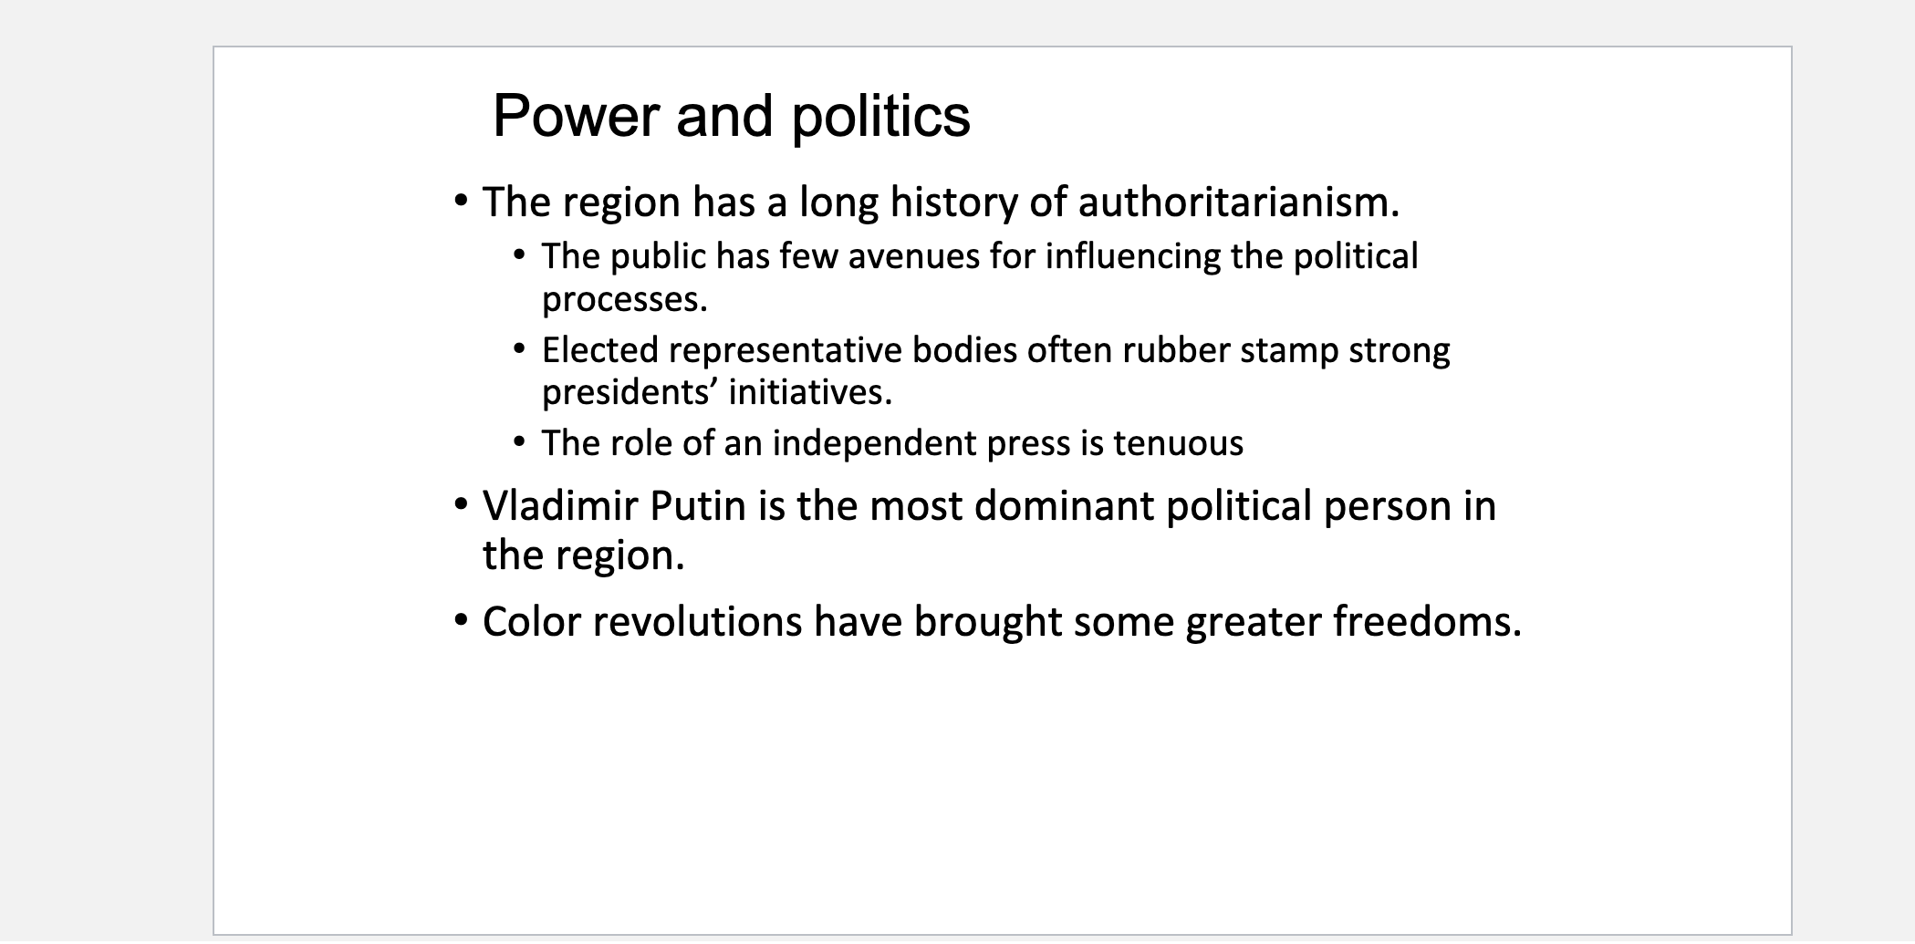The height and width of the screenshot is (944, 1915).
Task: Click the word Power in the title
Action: [575, 117]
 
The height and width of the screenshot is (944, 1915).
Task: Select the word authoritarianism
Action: [1238, 202]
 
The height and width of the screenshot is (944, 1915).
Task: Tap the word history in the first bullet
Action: [953, 202]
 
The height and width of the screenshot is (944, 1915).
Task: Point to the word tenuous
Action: [1178, 444]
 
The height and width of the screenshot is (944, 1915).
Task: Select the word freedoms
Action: [1427, 622]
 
